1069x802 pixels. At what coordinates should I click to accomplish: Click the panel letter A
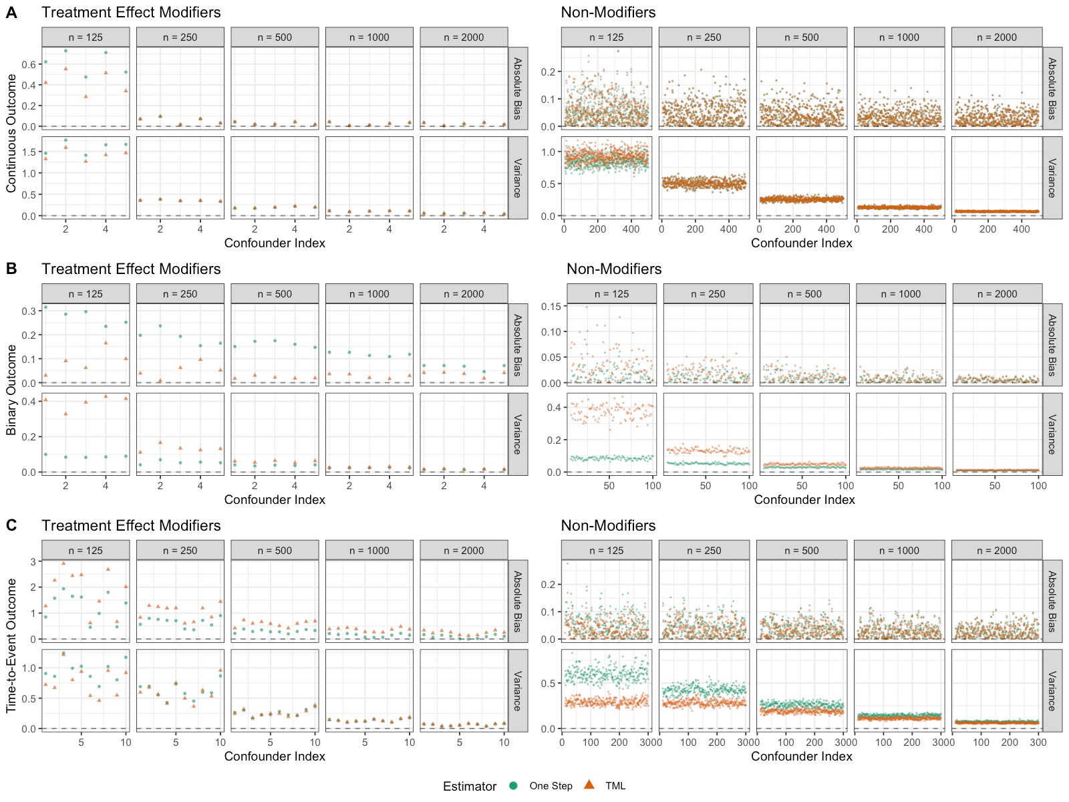tap(11, 13)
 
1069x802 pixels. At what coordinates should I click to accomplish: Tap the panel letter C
tap(11, 525)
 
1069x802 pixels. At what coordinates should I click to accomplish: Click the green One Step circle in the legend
tap(513, 785)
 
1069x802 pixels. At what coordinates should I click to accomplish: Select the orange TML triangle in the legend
tap(589, 785)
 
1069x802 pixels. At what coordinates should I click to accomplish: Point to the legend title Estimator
tap(469, 786)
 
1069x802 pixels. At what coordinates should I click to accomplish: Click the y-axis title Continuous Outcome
tap(11, 133)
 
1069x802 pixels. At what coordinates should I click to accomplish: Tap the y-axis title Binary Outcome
tap(11, 390)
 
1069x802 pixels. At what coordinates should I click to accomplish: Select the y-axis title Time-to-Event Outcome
tap(11, 646)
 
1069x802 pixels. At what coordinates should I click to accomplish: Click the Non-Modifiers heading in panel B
tap(613, 269)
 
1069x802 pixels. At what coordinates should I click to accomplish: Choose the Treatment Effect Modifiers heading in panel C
tap(131, 525)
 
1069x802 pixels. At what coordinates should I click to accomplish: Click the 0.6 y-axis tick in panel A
tap(29, 65)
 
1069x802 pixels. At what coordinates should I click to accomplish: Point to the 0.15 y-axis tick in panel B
tap(551, 307)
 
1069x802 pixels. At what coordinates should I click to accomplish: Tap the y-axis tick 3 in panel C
tap(33, 562)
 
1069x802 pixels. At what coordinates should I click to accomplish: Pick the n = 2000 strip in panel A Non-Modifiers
tap(996, 37)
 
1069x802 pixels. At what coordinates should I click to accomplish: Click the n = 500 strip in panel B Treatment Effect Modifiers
tap(275, 294)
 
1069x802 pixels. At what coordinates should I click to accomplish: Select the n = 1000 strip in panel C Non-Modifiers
tap(899, 551)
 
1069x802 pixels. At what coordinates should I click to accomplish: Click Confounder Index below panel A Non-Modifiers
tap(801, 243)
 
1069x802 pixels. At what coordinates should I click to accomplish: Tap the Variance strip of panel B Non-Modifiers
tap(1052, 434)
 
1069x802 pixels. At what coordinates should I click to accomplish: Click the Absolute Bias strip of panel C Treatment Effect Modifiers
tap(518, 601)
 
